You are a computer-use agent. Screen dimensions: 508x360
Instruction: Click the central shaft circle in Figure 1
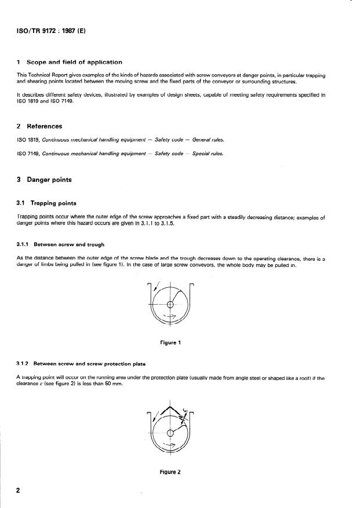(x=170, y=304)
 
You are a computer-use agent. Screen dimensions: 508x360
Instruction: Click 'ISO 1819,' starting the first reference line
(x=28, y=139)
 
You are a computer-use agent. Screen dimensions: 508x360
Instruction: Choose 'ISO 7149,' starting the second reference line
(x=28, y=154)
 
